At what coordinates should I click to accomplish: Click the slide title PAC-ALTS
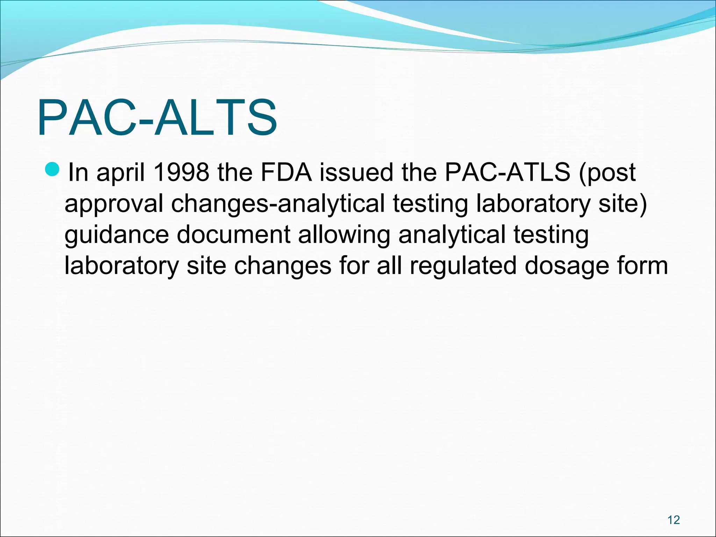(157, 118)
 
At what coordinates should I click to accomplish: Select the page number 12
(673, 520)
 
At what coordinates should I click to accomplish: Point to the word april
(121, 173)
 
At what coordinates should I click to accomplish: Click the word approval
(114, 205)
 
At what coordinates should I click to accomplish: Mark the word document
(233, 235)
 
